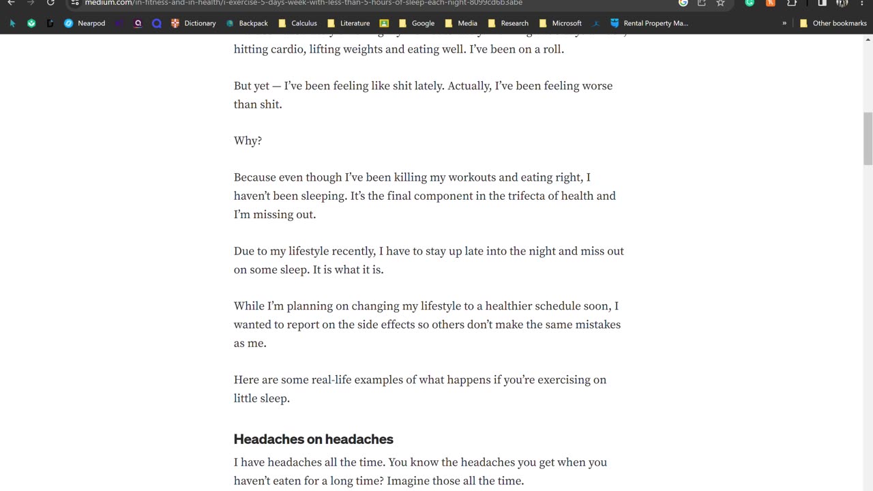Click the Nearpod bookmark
coord(85,23)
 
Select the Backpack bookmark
coord(247,23)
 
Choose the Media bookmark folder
coord(461,23)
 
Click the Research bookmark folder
coord(508,23)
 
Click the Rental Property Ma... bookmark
coord(649,23)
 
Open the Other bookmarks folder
coord(833,23)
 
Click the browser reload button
coord(50,3)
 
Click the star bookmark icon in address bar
coord(720,3)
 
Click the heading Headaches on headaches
coord(313,439)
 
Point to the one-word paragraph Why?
coord(248,141)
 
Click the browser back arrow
coord(12,3)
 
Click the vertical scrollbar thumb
coord(868,138)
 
